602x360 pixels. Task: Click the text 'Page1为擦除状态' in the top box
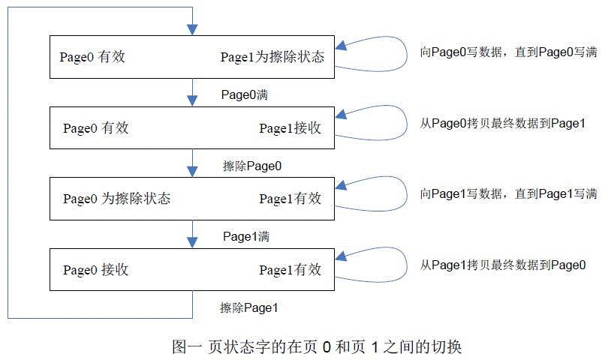click(x=272, y=57)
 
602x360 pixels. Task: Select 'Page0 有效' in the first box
click(x=92, y=57)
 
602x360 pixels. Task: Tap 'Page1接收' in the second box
click(x=290, y=128)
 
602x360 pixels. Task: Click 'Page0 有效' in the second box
click(x=96, y=128)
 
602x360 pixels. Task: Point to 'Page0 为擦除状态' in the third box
click(x=117, y=199)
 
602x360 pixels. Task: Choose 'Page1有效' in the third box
click(x=290, y=199)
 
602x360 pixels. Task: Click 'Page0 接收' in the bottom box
click(x=96, y=270)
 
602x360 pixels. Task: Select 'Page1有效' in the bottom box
click(x=290, y=270)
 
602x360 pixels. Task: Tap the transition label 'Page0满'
click(x=245, y=95)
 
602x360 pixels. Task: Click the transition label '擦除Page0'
click(x=252, y=166)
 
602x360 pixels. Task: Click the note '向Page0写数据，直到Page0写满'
click(x=508, y=52)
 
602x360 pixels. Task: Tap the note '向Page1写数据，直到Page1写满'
click(x=508, y=194)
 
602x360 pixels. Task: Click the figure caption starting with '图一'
click(x=315, y=347)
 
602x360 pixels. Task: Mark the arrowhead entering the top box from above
click(x=193, y=30)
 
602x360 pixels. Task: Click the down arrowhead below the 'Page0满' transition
click(x=193, y=101)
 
